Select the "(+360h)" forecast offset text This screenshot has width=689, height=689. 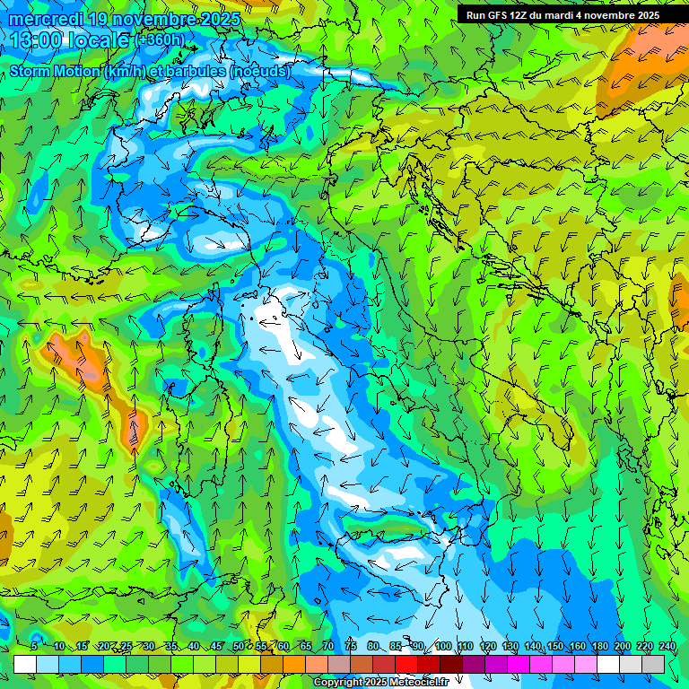[161, 40]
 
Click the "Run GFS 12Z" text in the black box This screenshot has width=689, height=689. [500, 14]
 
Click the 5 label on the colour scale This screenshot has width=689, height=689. [33, 646]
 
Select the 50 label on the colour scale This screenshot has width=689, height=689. [238, 646]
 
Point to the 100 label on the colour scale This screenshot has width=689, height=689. [443, 646]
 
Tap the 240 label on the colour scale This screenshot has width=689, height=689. [667, 646]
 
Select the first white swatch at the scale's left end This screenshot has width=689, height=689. [25, 664]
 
